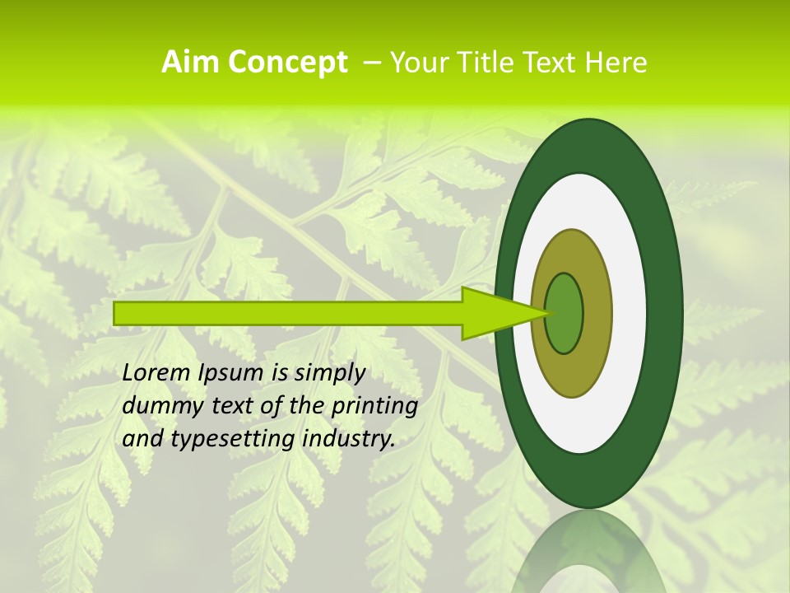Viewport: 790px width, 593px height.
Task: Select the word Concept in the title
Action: coord(286,63)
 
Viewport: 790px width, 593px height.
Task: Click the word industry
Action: coord(349,440)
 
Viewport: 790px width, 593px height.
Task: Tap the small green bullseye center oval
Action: coord(565,313)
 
